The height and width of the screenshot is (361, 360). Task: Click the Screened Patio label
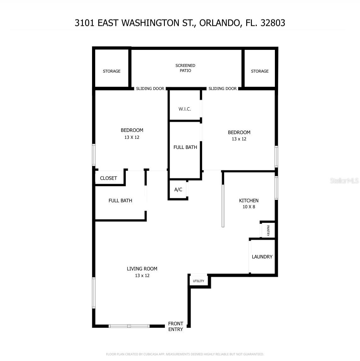(x=185, y=68)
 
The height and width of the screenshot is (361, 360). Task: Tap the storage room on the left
(x=112, y=71)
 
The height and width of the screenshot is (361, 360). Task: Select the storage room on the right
(x=260, y=71)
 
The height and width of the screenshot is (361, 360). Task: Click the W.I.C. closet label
(x=185, y=109)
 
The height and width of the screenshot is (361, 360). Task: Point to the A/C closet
(x=178, y=190)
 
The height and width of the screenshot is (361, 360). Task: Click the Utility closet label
(x=199, y=281)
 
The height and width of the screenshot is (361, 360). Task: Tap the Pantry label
(x=268, y=230)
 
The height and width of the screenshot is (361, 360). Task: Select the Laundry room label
(x=262, y=257)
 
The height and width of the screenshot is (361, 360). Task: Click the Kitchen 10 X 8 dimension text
(x=249, y=207)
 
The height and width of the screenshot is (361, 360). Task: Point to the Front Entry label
(x=176, y=326)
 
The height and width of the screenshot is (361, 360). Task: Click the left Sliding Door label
(x=150, y=89)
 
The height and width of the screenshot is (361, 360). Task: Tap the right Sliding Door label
(x=223, y=89)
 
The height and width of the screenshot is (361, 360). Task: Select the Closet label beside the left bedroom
(x=108, y=178)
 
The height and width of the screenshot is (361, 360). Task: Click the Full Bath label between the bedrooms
(x=185, y=147)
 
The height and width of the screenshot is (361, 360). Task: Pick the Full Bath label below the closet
(x=120, y=201)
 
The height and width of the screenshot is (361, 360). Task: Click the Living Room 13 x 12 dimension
(x=142, y=275)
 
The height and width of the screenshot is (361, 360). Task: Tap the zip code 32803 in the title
(x=273, y=23)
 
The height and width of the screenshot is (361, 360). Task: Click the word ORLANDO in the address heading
(x=219, y=23)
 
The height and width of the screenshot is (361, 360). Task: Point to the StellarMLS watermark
(x=344, y=180)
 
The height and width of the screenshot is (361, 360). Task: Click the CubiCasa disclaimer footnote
(x=185, y=354)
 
